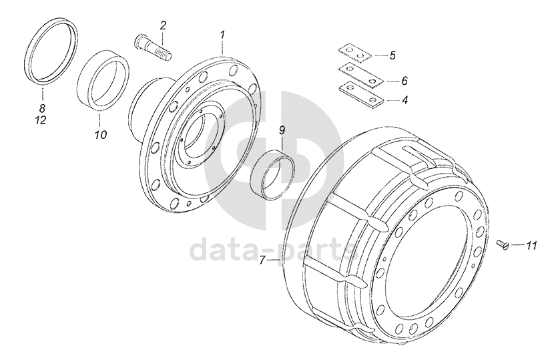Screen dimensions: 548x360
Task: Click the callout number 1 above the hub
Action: tap(222, 35)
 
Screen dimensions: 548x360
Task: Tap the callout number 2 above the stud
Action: tap(163, 25)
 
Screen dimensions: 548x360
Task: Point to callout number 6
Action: tap(404, 81)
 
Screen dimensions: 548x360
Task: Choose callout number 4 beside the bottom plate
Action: tap(404, 100)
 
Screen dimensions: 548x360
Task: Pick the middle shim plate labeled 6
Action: tap(360, 75)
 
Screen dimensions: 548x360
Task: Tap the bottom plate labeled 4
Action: tap(361, 93)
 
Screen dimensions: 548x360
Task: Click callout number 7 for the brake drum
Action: tap(264, 260)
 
